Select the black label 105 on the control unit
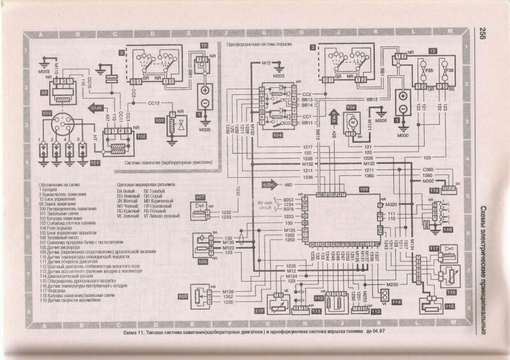point(363,190)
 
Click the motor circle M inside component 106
point(349,120)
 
